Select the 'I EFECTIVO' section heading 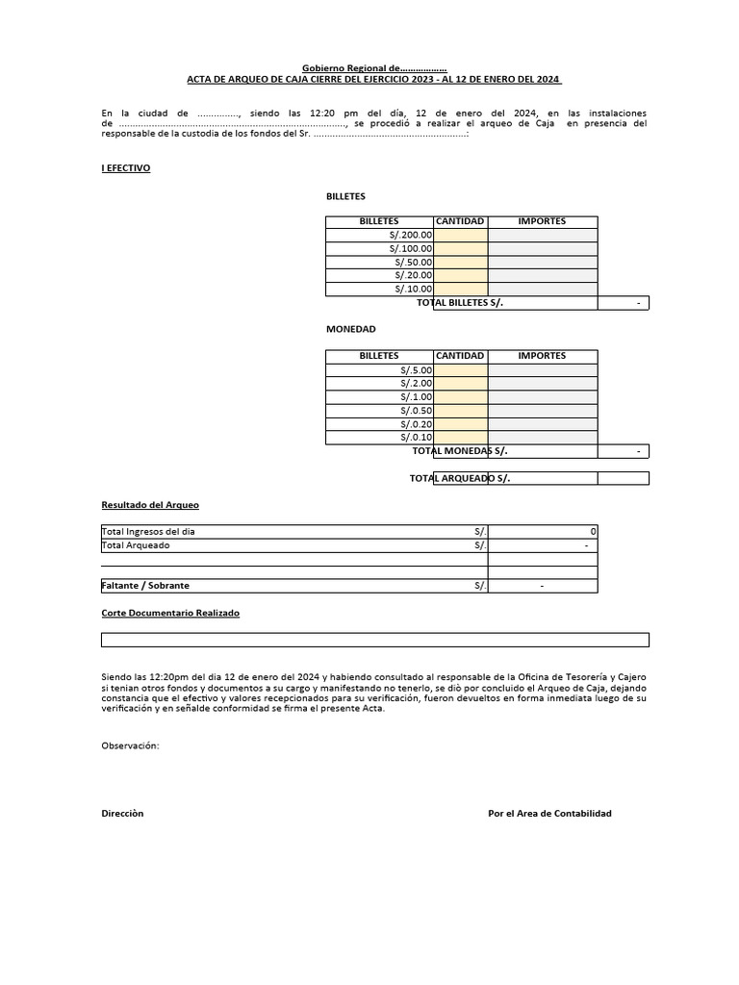pos(126,168)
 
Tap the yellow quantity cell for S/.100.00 pos(461,248)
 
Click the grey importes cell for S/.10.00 pos(542,289)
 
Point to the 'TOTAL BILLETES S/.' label pos(459,303)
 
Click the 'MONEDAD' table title pos(350,329)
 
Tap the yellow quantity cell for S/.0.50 pos(461,410)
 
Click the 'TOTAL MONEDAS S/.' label pos(459,451)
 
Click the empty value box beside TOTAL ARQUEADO pos(623,478)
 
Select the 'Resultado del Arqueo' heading pos(150,505)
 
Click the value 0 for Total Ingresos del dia pos(592,532)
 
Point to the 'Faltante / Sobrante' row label pos(145,586)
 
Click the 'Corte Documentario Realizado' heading pos(170,613)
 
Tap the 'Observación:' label pos(130,745)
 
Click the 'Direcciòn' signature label pos(122,814)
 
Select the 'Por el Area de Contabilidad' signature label pos(549,814)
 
